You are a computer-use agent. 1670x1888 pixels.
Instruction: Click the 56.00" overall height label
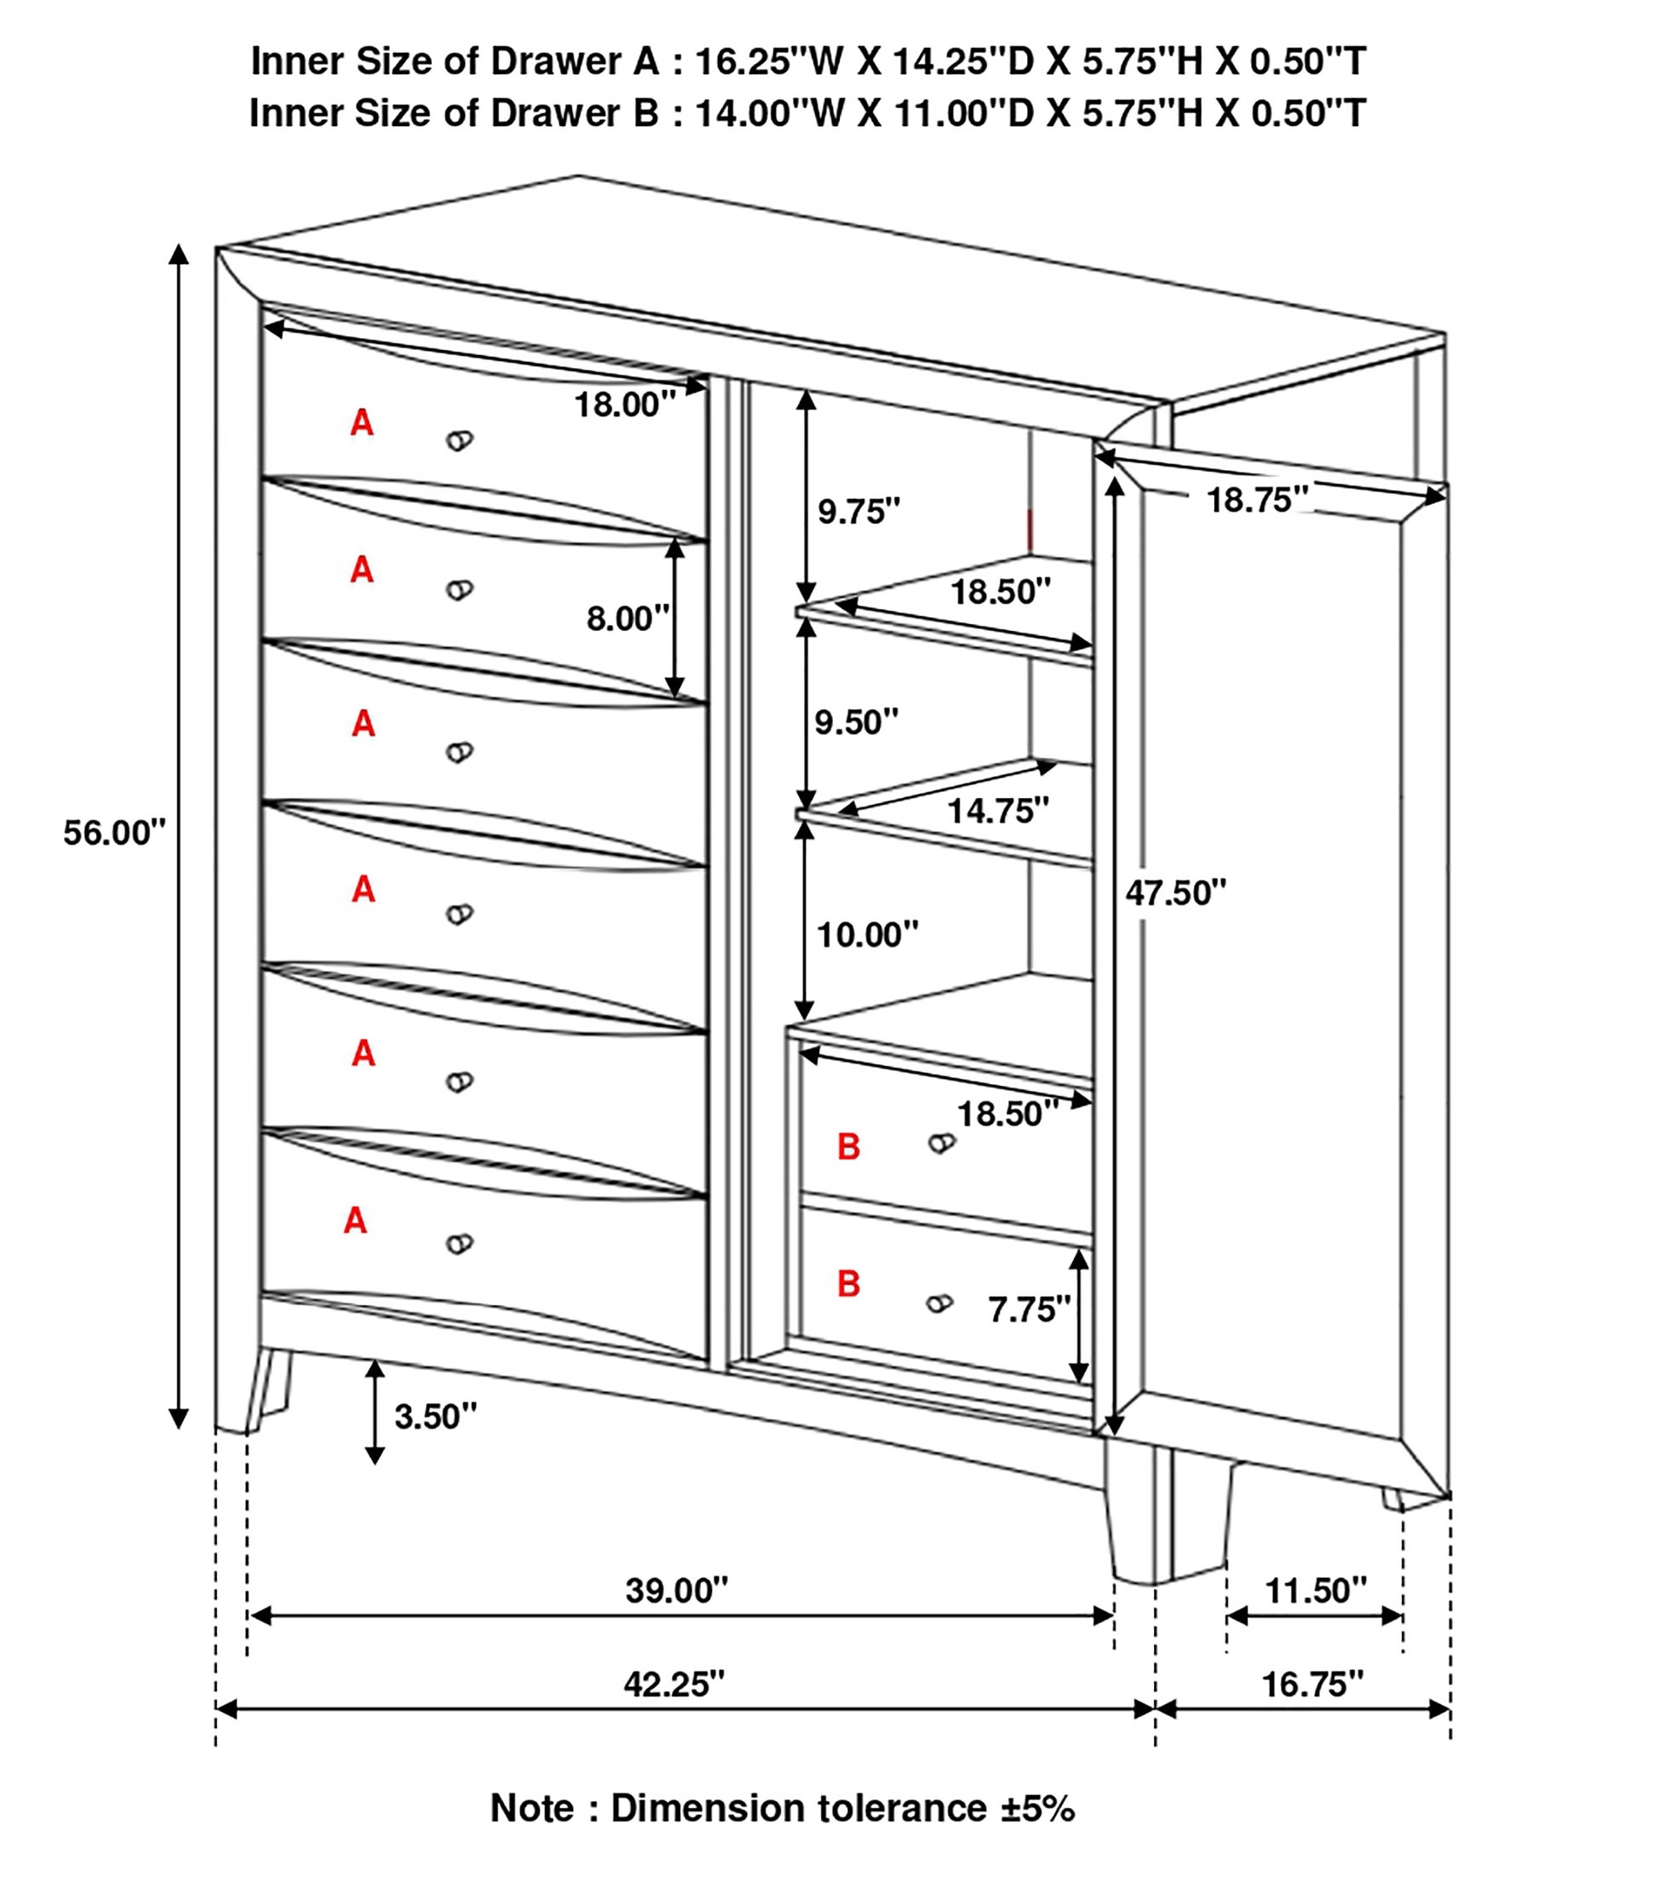point(114,833)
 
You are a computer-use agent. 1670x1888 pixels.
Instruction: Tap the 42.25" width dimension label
point(674,1684)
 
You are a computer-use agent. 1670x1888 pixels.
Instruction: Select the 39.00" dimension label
point(677,1590)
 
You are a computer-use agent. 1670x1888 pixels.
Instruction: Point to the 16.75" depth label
point(1312,1684)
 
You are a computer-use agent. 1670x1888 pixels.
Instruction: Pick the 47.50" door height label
point(1176,893)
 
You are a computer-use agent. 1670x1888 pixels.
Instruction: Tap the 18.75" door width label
point(1257,500)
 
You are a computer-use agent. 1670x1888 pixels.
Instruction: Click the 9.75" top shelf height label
point(859,511)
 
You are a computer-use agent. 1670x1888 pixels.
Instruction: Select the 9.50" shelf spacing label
point(856,721)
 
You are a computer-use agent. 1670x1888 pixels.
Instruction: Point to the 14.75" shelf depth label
point(998,810)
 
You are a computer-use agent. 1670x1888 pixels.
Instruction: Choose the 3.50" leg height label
point(436,1416)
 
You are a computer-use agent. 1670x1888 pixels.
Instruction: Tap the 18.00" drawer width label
point(625,405)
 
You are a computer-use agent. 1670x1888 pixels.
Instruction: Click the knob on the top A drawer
point(459,440)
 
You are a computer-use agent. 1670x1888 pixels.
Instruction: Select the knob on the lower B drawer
point(939,1303)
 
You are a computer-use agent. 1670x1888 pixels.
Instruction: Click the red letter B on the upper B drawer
point(849,1146)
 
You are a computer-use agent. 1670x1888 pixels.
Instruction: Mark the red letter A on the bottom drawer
point(356,1220)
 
